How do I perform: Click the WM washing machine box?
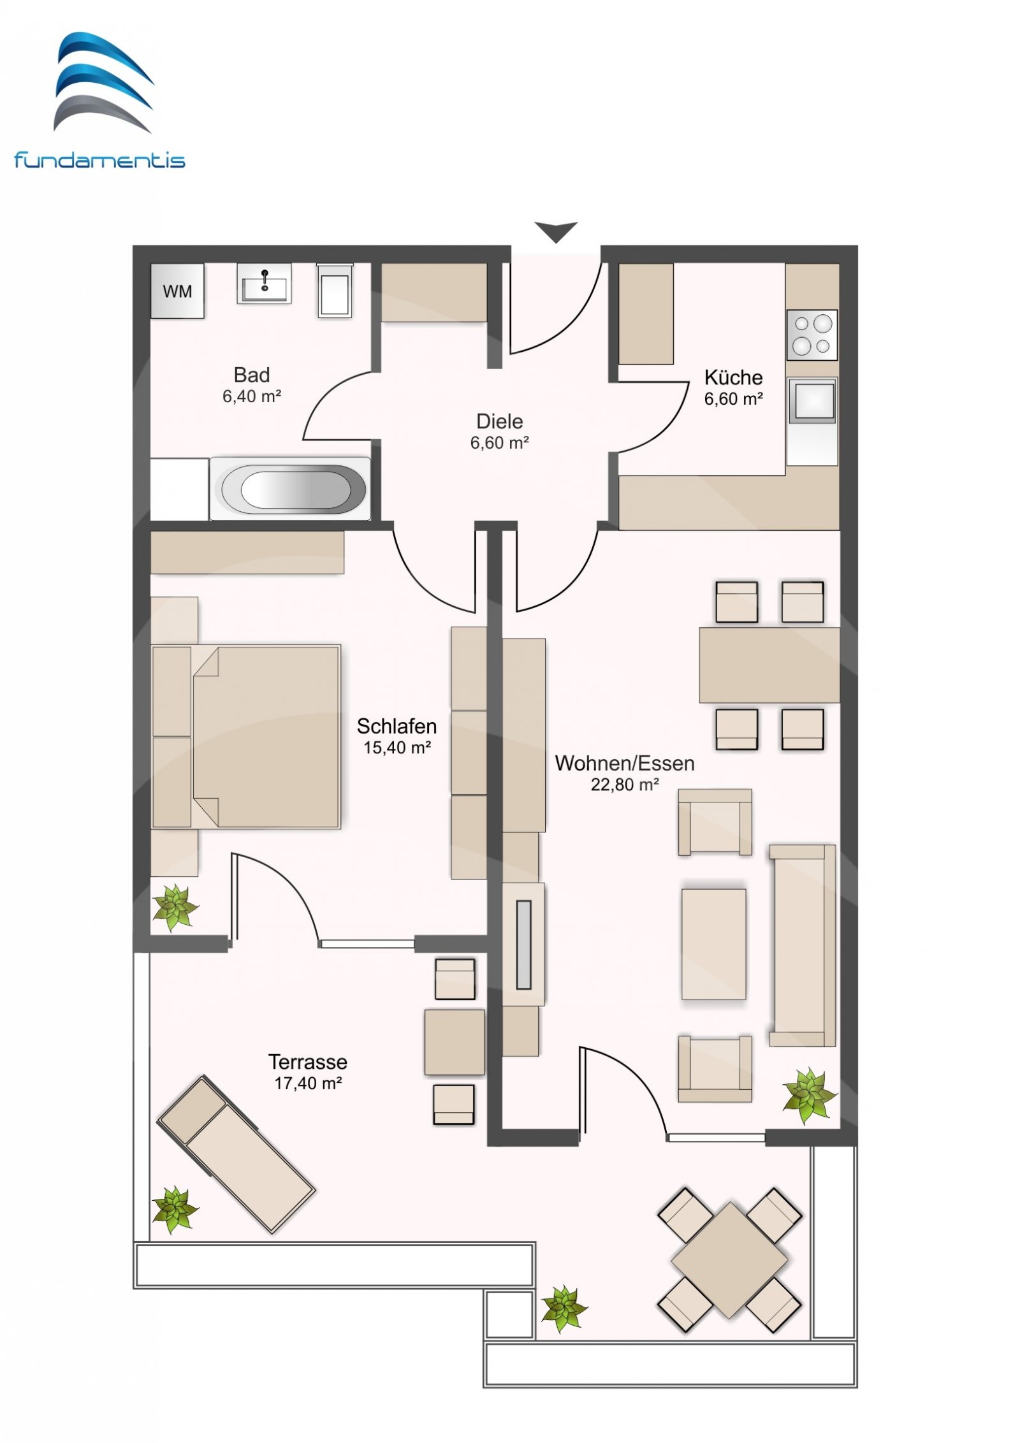177,291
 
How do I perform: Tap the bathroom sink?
264,283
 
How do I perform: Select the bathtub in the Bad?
290,488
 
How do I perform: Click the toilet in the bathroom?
335,290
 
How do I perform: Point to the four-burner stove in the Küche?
812,335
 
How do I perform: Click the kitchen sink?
812,400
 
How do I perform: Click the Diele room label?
499,421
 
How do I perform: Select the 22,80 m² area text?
624,785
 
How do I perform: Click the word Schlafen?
397,726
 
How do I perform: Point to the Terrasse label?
308,1062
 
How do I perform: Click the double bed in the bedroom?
246,737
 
